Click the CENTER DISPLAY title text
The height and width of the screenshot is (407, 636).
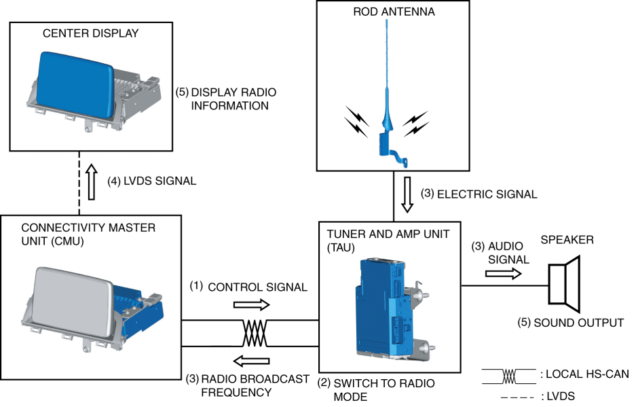coord(90,33)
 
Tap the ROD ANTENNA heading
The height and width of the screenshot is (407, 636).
coord(394,12)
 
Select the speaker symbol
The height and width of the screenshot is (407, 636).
coord(564,284)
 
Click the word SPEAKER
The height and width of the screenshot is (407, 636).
coord(567,240)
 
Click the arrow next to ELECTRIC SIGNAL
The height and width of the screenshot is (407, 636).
coord(407,194)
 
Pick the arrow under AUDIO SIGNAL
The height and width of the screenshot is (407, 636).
coord(504,274)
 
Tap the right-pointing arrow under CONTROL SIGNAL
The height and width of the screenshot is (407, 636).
coord(251,304)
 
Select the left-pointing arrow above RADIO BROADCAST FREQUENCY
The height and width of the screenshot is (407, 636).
coord(251,361)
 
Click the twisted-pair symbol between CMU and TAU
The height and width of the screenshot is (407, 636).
coord(255,333)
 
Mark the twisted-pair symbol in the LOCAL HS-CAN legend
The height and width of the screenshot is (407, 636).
coord(509,376)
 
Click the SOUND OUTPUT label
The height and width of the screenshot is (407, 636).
coord(571,323)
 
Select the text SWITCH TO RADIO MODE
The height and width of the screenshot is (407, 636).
coord(376,390)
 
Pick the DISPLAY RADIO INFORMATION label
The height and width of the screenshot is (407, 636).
coord(226,99)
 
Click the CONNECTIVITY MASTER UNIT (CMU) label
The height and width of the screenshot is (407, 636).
coord(88,234)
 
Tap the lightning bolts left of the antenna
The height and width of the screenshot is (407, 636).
coord(356,122)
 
